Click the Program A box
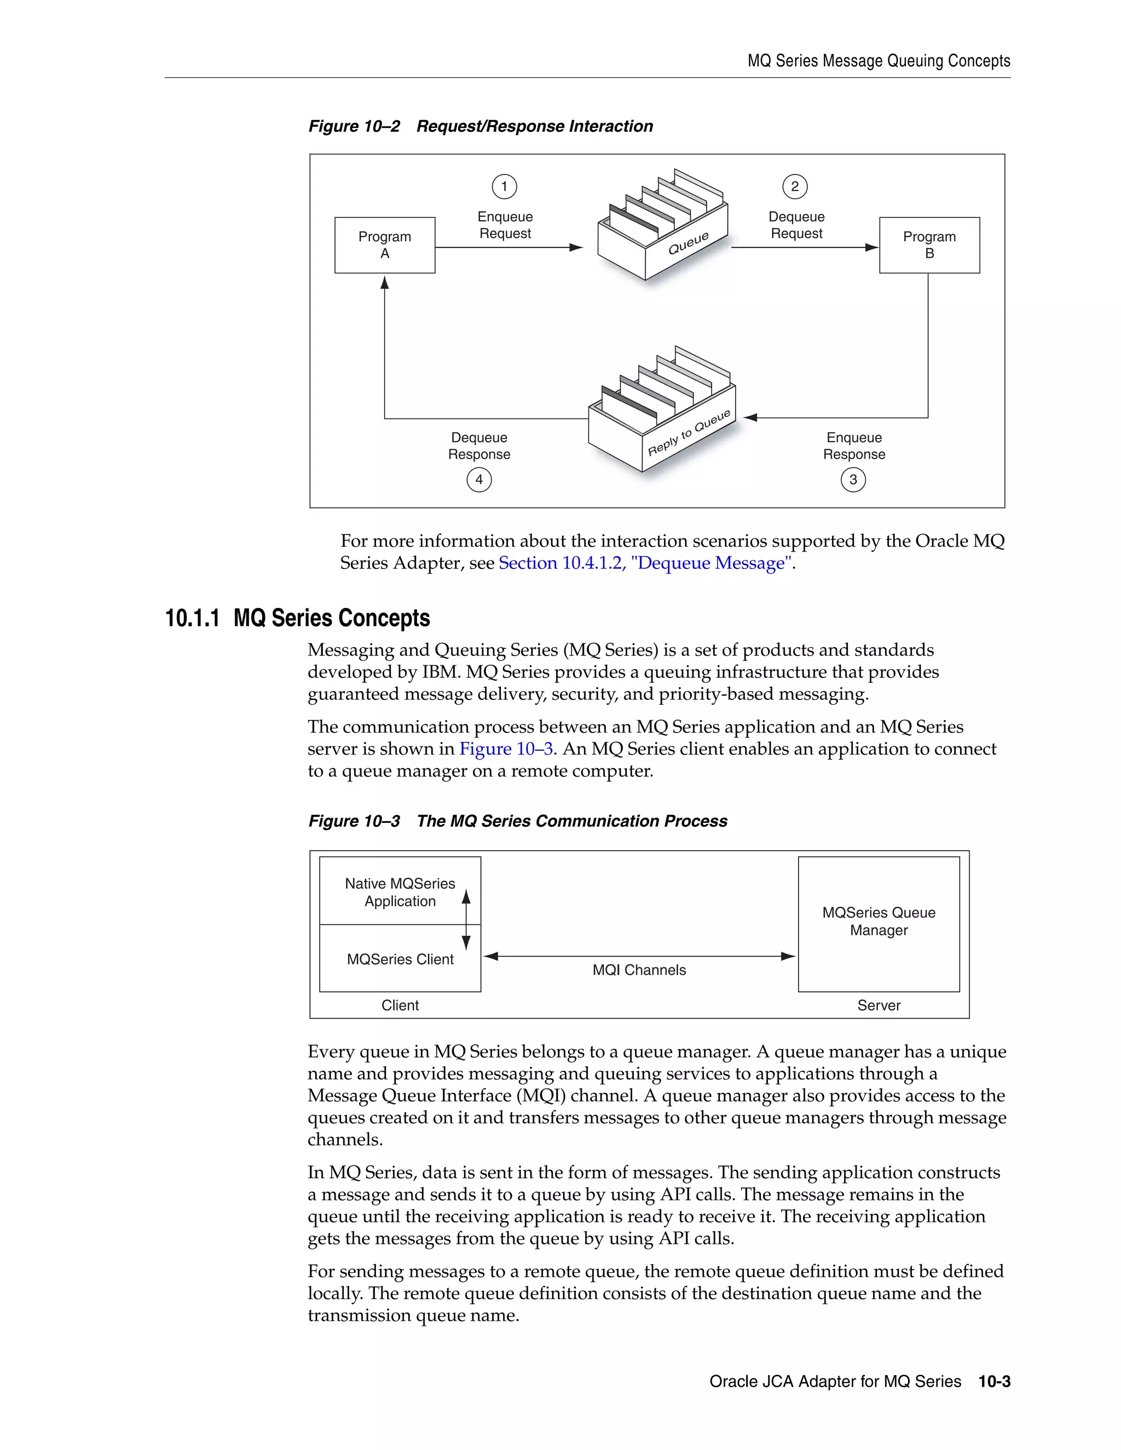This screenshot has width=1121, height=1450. click(x=384, y=245)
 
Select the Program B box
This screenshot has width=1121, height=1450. click(x=929, y=245)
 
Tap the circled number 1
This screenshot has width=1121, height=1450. click(x=504, y=187)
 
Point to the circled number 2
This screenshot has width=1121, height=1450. click(x=795, y=187)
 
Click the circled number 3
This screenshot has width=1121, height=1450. click(x=853, y=479)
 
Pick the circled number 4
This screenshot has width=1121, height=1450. click(x=479, y=479)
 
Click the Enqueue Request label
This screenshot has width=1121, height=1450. click(x=505, y=225)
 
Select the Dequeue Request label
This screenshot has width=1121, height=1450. click(x=796, y=225)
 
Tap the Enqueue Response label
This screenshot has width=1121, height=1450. click(x=854, y=445)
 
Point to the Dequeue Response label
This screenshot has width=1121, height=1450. click(x=479, y=445)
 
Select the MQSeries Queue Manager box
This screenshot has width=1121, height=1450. click(x=879, y=924)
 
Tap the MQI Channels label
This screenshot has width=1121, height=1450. click(x=639, y=970)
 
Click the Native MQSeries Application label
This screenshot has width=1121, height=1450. click(x=400, y=892)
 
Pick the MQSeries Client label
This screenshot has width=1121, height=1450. click(x=400, y=959)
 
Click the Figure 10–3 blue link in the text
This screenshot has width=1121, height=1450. click(x=506, y=749)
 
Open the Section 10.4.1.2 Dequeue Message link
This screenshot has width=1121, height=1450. click(x=645, y=563)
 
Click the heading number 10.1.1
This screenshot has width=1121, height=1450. click(x=192, y=618)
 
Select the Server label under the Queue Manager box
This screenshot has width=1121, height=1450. click(x=879, y=1005)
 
